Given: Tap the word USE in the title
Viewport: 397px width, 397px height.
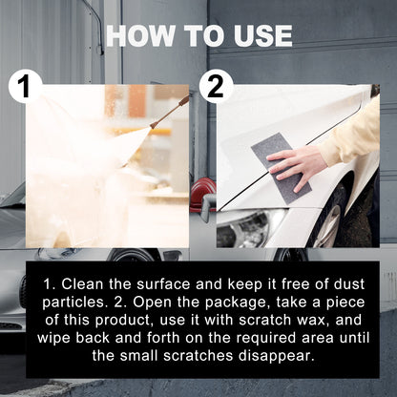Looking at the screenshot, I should (256, 35).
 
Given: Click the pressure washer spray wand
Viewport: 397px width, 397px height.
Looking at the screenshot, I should (169, 112).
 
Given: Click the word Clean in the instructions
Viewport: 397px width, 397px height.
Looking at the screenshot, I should (86, 285).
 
